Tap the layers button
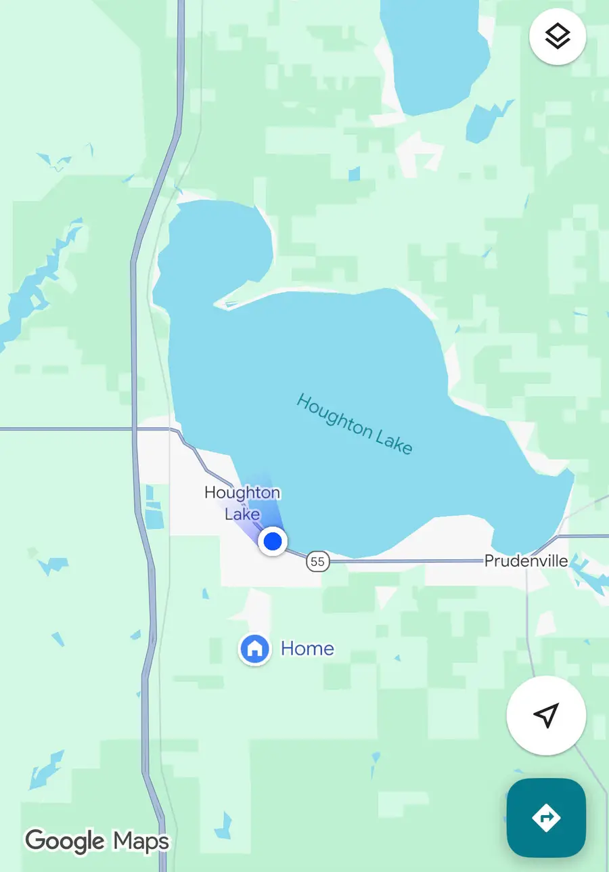557,37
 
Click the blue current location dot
273,541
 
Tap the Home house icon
254,649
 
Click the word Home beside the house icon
307,649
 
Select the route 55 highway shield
317,561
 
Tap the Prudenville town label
526,561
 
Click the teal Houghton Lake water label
354,424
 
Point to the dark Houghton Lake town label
242,503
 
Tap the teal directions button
546,818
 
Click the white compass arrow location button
546,715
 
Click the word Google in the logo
66,842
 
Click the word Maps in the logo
141,842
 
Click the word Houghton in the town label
242,493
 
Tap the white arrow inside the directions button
546,818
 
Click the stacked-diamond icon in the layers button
557,37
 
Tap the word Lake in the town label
242,515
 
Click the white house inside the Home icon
254,649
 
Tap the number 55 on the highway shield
317,561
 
